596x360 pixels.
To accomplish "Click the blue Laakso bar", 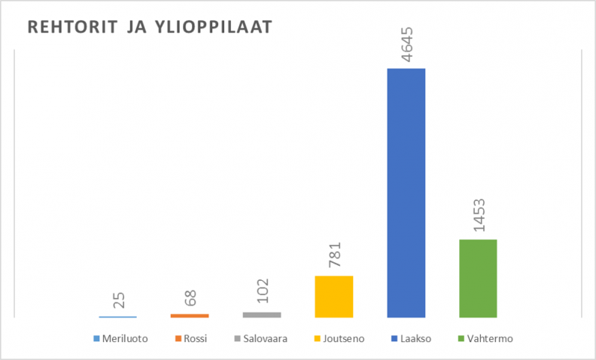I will pyautogui.click(x=406, y=193).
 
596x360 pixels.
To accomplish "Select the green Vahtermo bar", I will pyautogui.click(x=478, y=278).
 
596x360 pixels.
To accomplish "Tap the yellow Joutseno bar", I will pyautogui.click(x=333, y=296).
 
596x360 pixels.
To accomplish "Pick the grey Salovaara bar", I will pyautogui.click(x=262, y=314).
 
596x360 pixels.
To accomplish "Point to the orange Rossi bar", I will pyautogui.click(x=190, y=316).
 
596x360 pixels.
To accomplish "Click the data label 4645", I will pyautogui.click(x=406, y=46).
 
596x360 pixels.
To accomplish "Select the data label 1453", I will pyautogui.click(x=479, y=217).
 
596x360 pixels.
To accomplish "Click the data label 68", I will pyautogui.click(x=190, y=298).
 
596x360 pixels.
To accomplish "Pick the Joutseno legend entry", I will pyautogui.click(x=341, y=339).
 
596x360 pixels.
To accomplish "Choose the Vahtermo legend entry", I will pyautogui.click(x=489, y=339).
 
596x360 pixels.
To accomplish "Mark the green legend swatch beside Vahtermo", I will pyautogui.click(x=461, y=339).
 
